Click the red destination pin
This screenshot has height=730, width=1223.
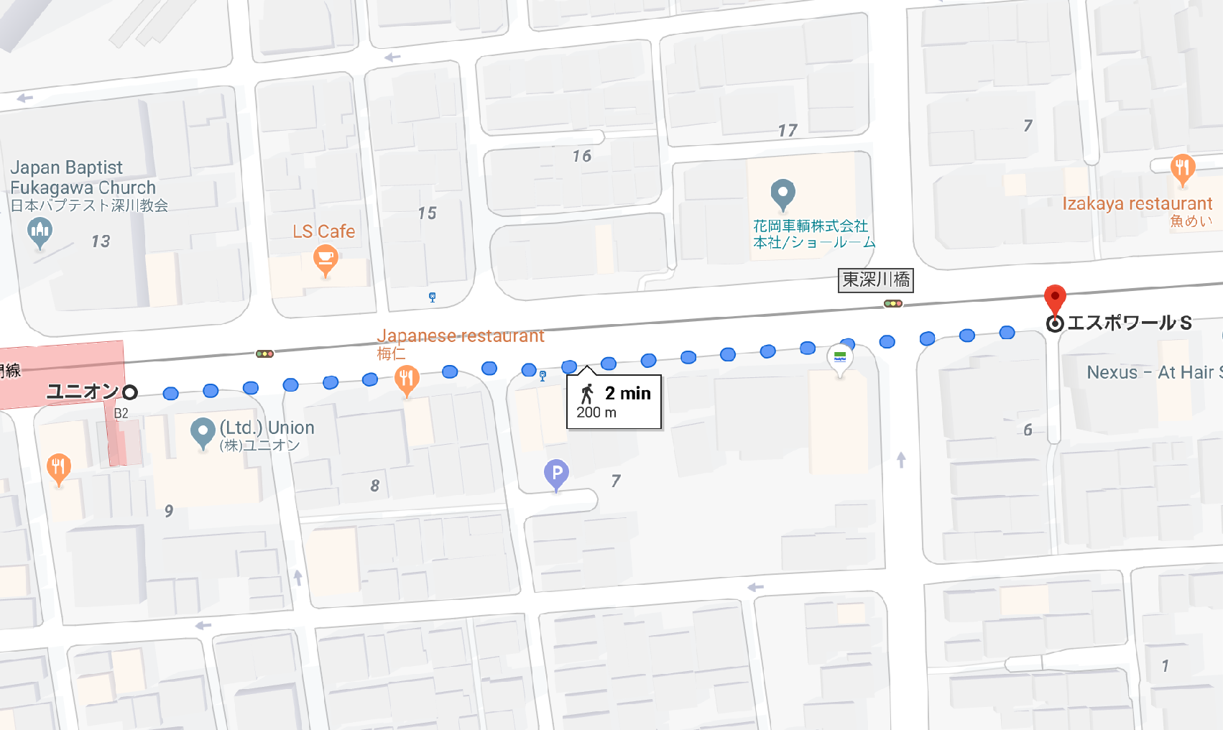click(1054, 297)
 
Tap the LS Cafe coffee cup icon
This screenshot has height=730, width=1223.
click(326, 259)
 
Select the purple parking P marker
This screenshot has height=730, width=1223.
click(556, 473)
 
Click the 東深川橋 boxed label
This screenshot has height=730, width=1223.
click(876, 279)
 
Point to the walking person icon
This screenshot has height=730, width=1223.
click(588, 394)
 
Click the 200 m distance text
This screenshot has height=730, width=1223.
click(596, 412)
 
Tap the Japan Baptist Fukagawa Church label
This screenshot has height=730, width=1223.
click(83, 178)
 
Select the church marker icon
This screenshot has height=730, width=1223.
click(40, 231)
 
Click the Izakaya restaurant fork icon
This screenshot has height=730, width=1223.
click(1182, 168)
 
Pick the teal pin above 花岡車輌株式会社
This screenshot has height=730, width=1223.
click(783, 193)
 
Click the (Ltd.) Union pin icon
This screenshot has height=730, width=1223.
click(203, 432)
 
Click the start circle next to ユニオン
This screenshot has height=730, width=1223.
click(130, 392)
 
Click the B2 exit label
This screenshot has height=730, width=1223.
click(121, 413)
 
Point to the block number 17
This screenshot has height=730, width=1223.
click(788, 131)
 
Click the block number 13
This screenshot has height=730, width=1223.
click(101, 241)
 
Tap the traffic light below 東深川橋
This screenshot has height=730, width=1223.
click(893, 304)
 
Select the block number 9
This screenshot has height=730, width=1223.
click(169, 511)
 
